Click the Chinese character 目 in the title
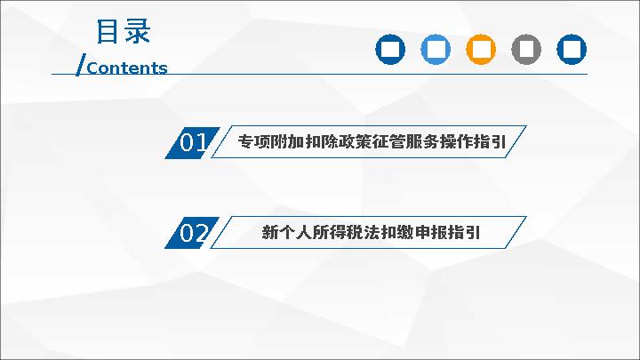tap(108, 31)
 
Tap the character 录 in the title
tap(138, 31)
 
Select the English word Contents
tap(127, 68)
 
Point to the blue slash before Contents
tap(81, 65)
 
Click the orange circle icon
tap(481, 50)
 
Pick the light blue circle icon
tap(436, 50)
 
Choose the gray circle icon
tap(526, 50)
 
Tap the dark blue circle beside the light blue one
tap(390, 50)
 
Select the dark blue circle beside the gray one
tap(572, 50)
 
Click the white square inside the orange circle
tap(481, 50)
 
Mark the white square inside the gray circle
tap(526, 50)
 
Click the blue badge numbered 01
tap(192, 142)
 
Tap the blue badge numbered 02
tap(192, 233)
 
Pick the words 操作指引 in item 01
tap(473, 142)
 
